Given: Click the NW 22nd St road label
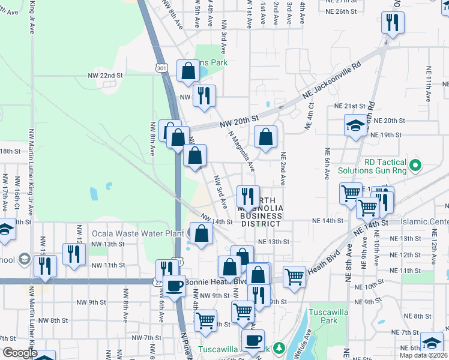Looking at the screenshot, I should click(x=105, y=76).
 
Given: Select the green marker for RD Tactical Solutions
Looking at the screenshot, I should click(x=414, y=164).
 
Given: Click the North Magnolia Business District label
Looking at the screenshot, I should click(x=261, y=212).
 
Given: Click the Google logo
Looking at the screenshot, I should click(x=19, y=353).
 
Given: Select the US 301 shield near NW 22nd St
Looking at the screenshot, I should click(x=161, y=68).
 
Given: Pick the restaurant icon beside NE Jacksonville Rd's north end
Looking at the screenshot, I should click(x=393, y=23).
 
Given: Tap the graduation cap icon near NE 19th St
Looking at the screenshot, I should click(x=355, y=125).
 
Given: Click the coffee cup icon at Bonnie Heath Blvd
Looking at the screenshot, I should click(x=175, y=285).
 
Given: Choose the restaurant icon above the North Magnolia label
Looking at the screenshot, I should click(x=247, y=196).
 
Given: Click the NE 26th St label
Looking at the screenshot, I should click(x=342, y=11).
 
